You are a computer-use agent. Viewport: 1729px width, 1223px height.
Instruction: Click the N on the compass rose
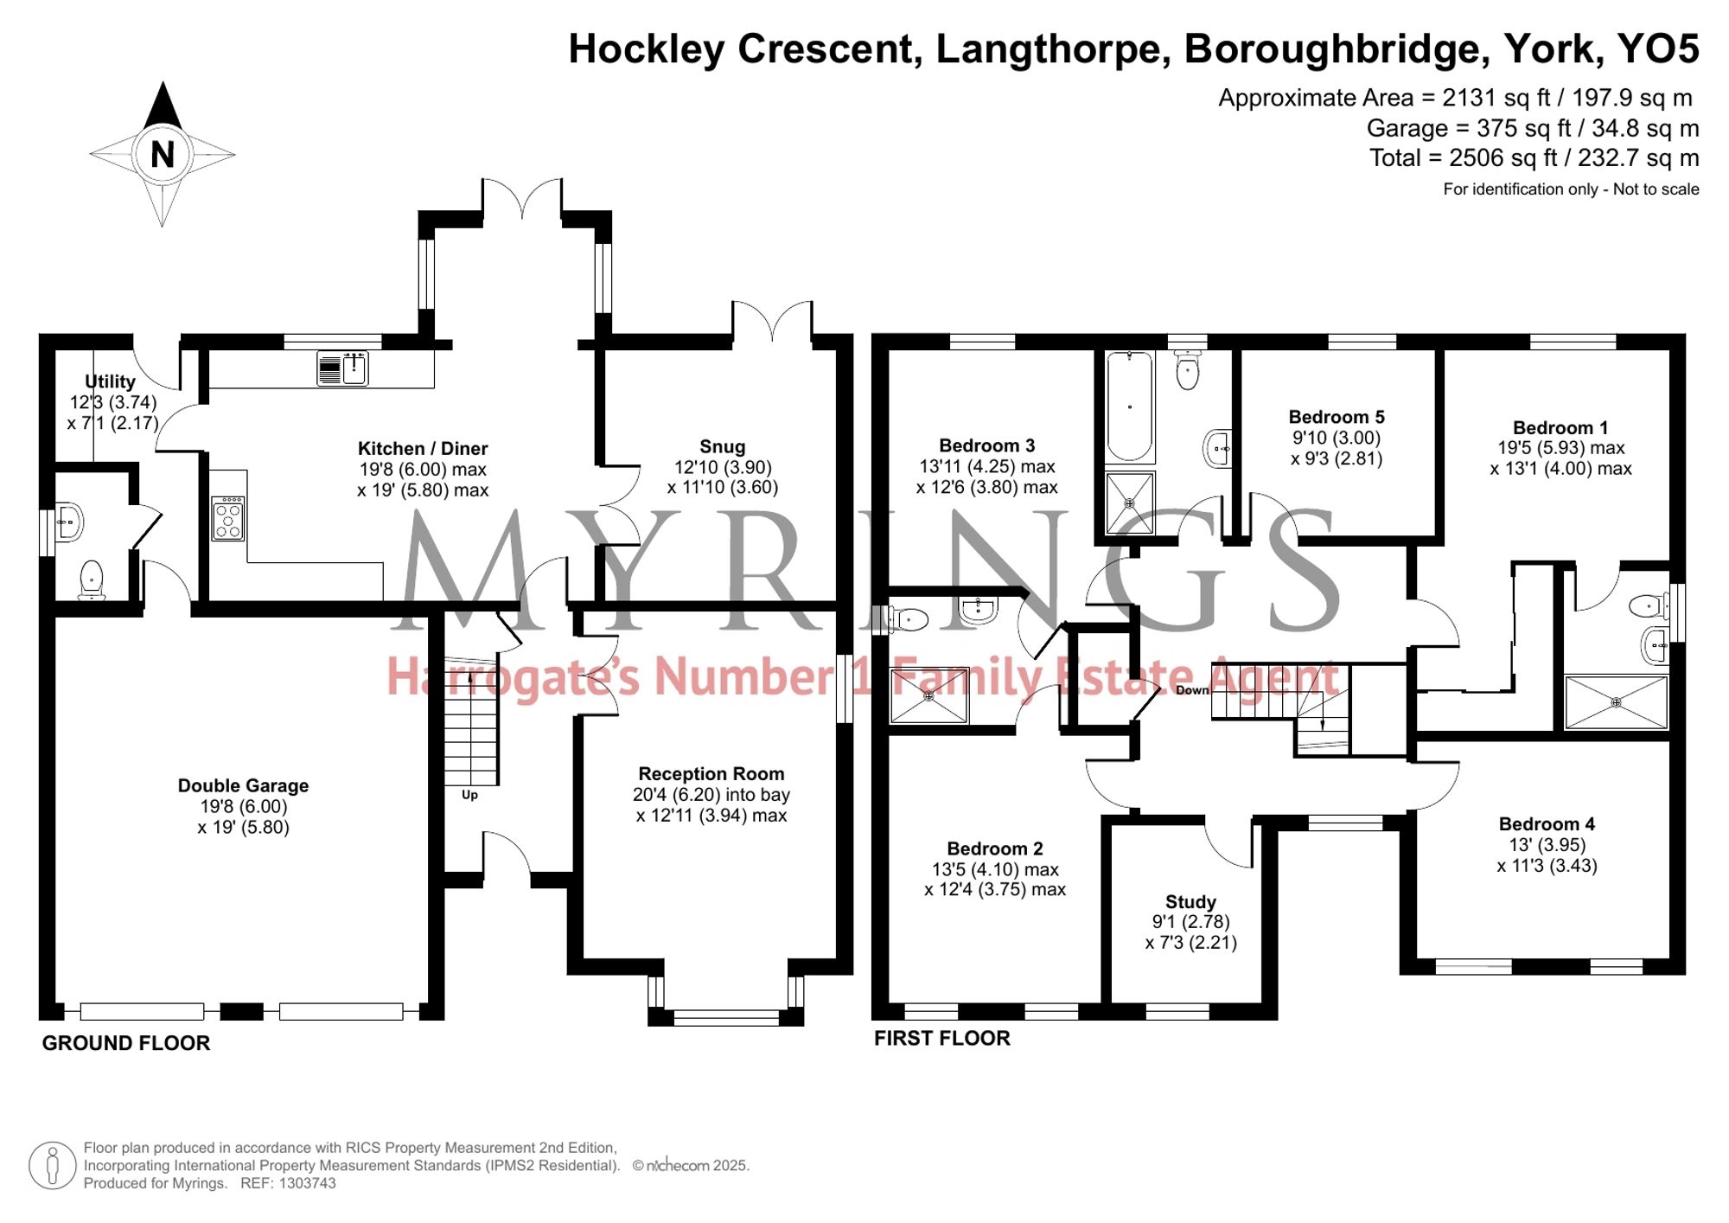coord(163,155)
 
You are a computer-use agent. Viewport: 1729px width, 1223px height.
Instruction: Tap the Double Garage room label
coord(243,785)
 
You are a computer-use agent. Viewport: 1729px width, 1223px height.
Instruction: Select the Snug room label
coord(722,446)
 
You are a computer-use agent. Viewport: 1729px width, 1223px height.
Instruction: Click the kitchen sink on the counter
coord(343,368)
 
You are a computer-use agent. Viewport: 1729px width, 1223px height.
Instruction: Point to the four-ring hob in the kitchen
coord(228,517)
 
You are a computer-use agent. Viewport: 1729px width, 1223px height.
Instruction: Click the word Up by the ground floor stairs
coord(469,795)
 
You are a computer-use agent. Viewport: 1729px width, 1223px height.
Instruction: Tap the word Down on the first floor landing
coord(1192,690)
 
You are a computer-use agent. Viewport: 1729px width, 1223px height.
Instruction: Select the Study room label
coord(1190,901)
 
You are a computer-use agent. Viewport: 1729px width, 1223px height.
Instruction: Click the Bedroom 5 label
coord(1336,417)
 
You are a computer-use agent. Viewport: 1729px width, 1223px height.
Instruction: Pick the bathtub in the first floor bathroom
coord(1129,407)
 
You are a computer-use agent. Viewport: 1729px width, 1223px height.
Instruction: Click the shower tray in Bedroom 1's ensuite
coord(1616,702)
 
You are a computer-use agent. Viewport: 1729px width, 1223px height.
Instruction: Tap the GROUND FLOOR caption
coord(126,1043)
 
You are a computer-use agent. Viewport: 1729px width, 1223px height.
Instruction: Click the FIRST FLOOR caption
coord(941,1038)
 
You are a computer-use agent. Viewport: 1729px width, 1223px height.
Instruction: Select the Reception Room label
coord(711,773)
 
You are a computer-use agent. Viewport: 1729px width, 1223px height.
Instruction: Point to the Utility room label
coord(110,381)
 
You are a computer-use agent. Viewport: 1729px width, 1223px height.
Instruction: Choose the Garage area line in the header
coord(1532,129)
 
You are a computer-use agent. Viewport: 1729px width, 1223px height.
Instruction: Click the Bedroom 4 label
coord(1547,823)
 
